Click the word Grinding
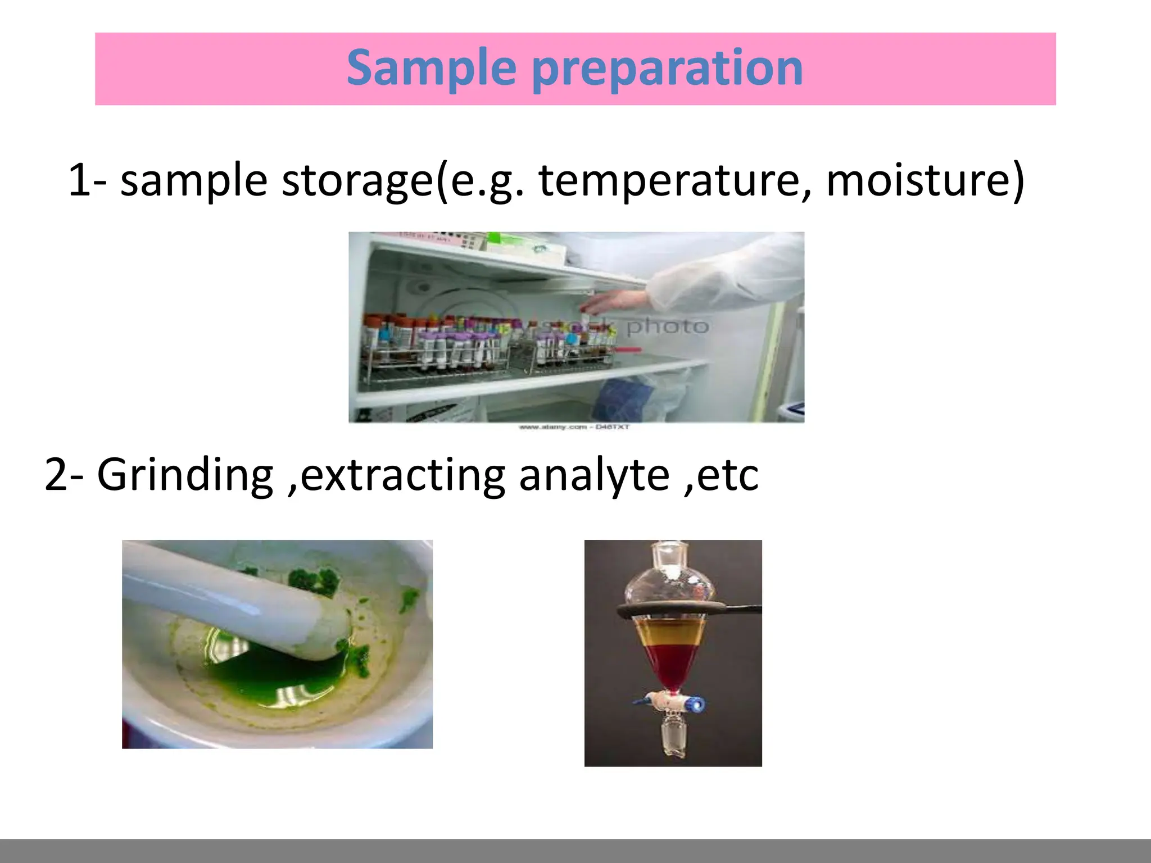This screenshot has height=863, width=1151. tap(185, 475)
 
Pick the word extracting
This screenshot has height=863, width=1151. tap(402, 475)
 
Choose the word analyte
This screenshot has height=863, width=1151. tap(593, 475)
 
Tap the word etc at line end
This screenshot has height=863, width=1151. tap(728, 475)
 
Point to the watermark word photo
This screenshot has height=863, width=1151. tap(667, 326)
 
